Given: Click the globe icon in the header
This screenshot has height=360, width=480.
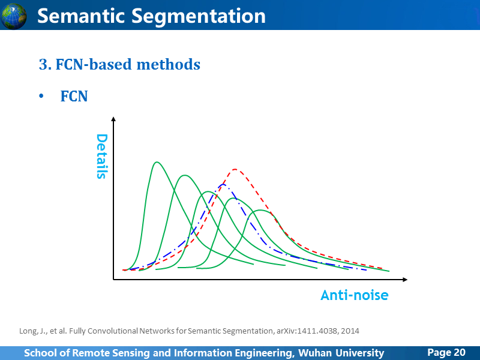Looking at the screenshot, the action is click(x=13, y=16).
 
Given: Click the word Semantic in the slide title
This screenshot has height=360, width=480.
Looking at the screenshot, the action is click(x=81, y=16).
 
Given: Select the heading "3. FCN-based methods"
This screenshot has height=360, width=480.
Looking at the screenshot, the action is click(x=119, y=64).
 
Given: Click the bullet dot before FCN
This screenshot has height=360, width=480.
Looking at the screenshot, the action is click(x=41, y=96).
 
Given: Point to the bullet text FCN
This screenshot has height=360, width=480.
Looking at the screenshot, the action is click(x=74, y=96).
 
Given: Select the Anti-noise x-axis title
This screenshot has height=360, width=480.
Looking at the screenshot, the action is click(x=355, y=295).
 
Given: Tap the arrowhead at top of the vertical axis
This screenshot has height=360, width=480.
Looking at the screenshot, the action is click(x=113, y=119).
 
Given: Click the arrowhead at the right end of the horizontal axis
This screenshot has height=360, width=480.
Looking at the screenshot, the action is click(x=405, y=280).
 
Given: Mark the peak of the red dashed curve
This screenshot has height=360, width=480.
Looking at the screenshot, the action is click(x=235, y=169).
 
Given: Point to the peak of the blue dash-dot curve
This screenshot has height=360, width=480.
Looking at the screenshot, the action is click(x=223, y=184).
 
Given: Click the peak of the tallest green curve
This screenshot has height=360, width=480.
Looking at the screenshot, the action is click(x=157, y=162).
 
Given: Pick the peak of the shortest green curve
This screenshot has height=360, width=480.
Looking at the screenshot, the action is click(x=260, y=210).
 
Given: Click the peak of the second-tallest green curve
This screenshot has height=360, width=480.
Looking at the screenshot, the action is click(x=185, y=175).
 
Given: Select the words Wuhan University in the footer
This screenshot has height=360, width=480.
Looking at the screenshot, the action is click(x=341, y=353).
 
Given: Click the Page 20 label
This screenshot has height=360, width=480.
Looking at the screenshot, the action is click(x=446, y=352).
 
